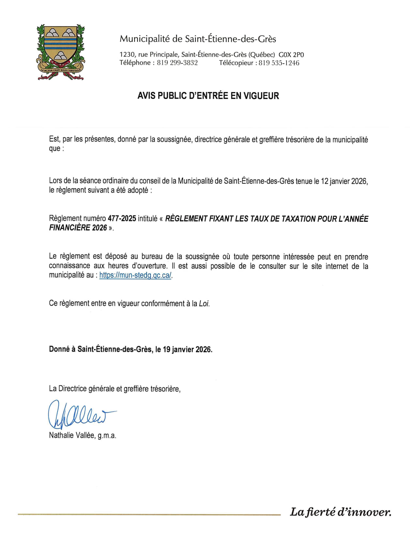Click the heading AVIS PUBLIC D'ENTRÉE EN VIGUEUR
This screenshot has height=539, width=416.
208,96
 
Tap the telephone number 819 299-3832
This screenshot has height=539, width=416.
177,63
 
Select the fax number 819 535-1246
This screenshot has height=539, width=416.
279,63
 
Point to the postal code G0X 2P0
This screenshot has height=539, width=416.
291,55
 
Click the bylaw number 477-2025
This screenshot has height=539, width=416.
122,219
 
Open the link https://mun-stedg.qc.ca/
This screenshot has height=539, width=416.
135,275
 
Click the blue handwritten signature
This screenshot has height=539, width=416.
80,414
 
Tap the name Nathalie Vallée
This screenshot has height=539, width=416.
72,435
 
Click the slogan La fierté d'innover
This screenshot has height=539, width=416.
340,512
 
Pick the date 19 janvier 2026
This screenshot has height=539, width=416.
187,349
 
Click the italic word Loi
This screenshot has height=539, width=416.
204,303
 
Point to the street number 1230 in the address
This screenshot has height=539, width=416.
127,55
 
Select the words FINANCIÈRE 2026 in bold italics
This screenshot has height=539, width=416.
78,228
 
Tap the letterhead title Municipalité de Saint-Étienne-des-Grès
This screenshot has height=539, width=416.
198,39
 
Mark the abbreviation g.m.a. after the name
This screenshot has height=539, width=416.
107,435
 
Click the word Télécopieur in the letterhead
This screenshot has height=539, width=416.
236,63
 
